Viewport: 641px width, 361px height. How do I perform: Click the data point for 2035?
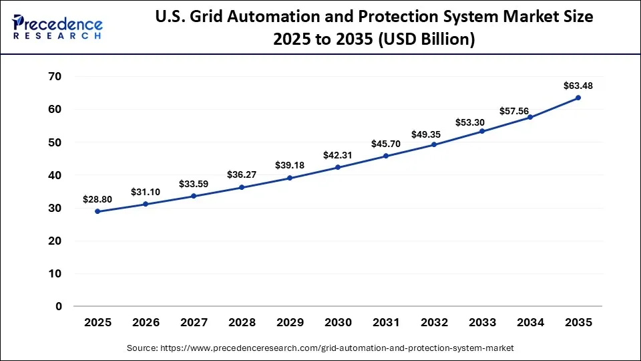click(x=578, y=98)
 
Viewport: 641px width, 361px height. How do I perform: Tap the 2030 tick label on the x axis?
click(x=338, y=323)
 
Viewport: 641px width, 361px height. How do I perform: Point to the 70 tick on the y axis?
click(x=54, y=77)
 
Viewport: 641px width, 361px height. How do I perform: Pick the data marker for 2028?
click(x=242, y=187)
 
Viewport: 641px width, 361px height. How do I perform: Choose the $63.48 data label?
click(x=578, y=86)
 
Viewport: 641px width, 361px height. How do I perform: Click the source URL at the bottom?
click(x=320, y=348)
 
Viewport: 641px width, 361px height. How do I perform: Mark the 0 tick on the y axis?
click(x=58, y=307)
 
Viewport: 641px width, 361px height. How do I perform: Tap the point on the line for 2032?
click(x=434, y=144)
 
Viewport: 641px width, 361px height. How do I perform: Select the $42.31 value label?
click(x=337, y=155)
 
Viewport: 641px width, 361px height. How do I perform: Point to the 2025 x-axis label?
click(x=97, y=323)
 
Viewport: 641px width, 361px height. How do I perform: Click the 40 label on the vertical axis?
click(x=54, y=175)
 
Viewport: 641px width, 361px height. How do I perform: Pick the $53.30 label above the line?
click(x=482, y=122)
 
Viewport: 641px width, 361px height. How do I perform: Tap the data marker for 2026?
click(x=146, y=204)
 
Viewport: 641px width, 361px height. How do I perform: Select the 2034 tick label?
click(x=530, y=323)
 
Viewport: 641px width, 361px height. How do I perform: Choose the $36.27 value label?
click(x=241, y=175)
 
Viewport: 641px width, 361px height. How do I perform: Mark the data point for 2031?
click(x=386, y=156)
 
